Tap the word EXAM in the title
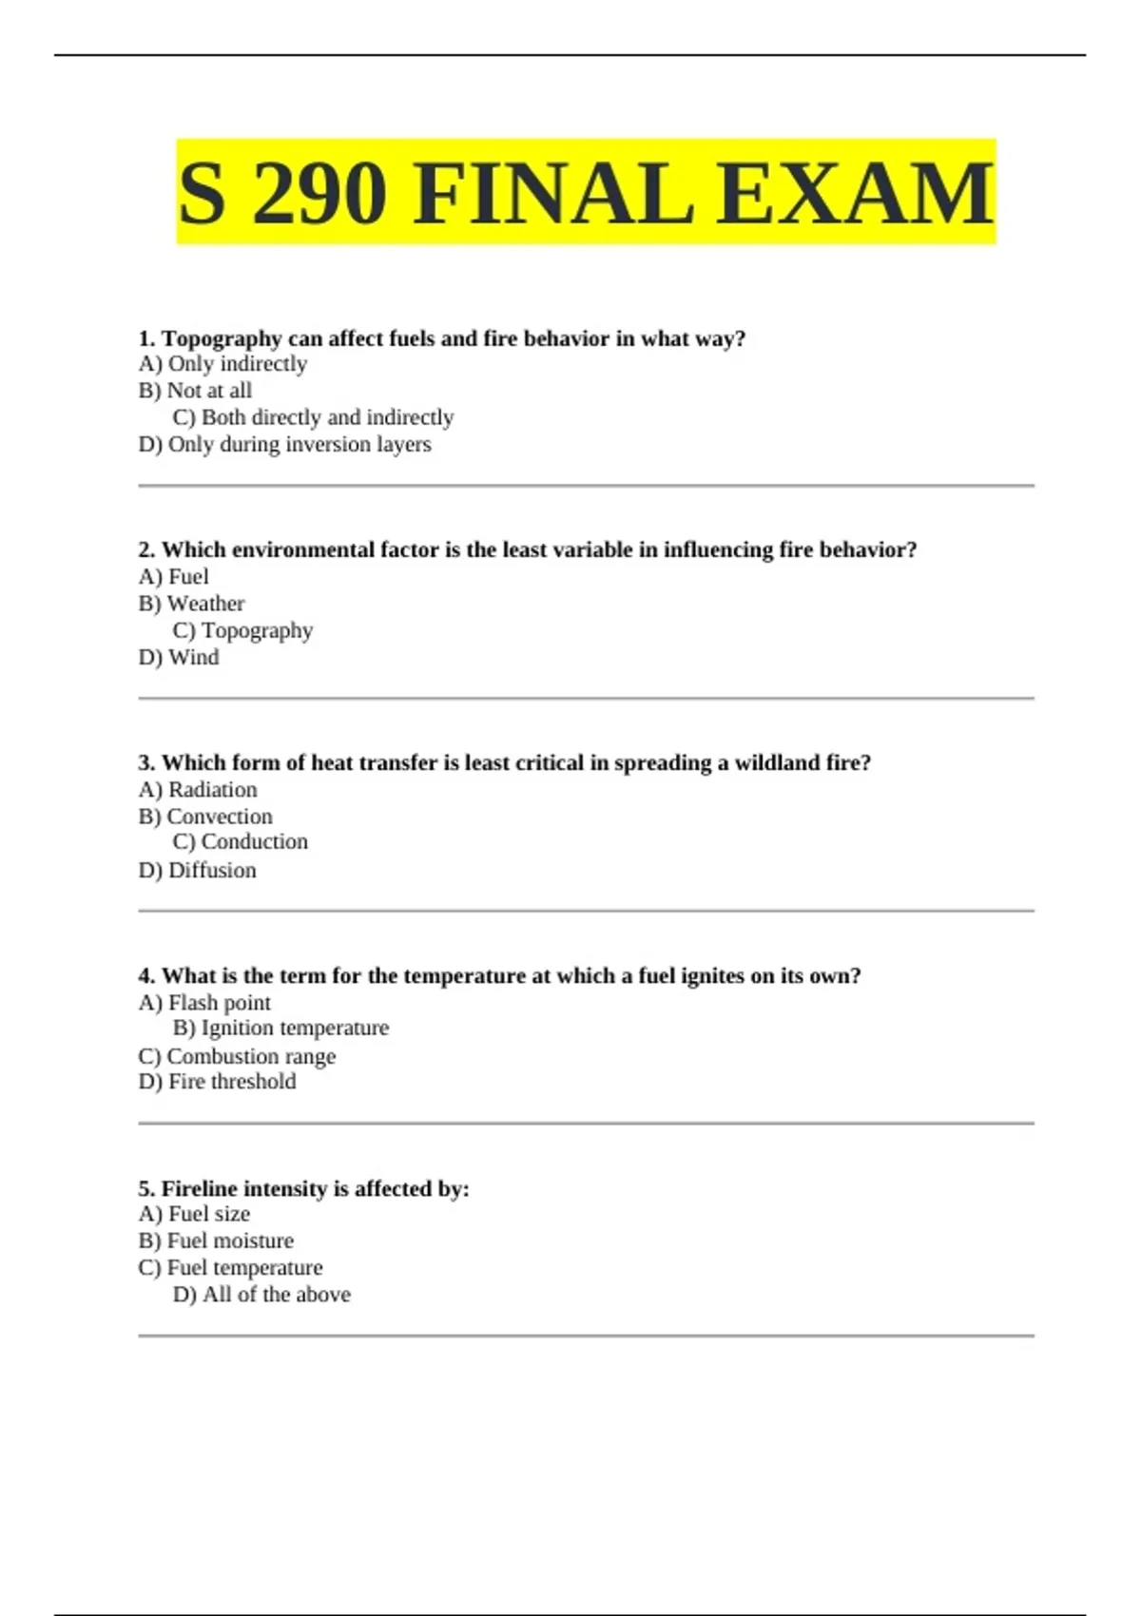coord(855,194)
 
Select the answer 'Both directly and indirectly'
coord(314,417)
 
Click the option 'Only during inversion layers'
coord(284,444)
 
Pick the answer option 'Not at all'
coord(195,391)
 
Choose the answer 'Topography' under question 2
coord(243,630)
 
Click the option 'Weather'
coord(191,604)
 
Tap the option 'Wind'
coord(179,657)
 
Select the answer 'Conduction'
coord(241,842)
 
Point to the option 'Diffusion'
coord(197,870)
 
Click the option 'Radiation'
coord(198,790)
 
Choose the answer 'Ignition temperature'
coord(281,1029)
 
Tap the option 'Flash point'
coord(204,1003)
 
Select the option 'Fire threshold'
coord(217,1082)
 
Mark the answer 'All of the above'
coord(262,1295)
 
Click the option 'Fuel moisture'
coord(216,1241)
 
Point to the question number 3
coord(146,763)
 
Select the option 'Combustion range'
coord(237,1056)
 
